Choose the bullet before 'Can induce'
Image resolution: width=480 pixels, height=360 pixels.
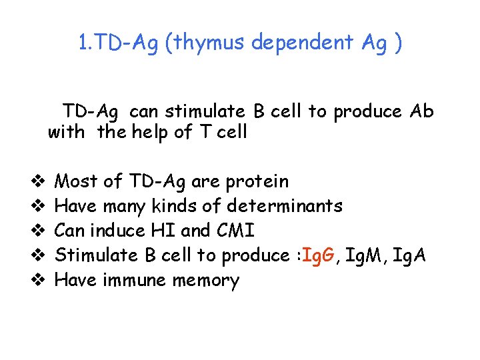[x=38, y=231]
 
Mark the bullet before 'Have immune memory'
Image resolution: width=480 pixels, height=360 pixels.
[x=38, y=280]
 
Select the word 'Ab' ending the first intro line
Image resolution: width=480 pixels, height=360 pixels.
[x=421, y=111]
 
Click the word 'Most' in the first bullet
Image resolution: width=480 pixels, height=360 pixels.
[x=75, y=181]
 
